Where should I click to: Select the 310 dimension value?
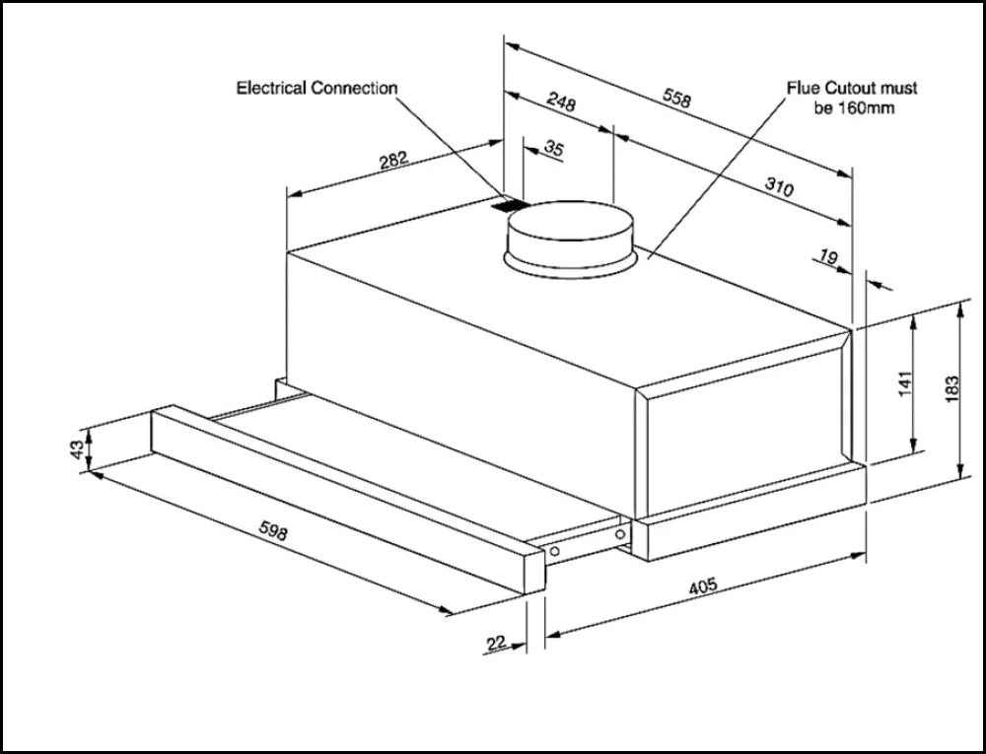click(x=779, y=186)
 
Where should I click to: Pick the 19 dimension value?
click(x=827, y=258)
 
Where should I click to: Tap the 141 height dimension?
click(x=905, y=385)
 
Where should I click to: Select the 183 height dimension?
click(x=951, y=387)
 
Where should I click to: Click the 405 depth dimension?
click(x=701, y=587)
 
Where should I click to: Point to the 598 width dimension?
click(x=272, y=532)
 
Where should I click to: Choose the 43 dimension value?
click(x=76, y=449)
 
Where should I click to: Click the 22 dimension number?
click(x=497, y=643)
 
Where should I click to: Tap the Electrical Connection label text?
click(x=317, y=88)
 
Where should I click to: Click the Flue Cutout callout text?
click(x=852, y=98)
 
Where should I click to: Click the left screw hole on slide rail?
click(x=556, y=549)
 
